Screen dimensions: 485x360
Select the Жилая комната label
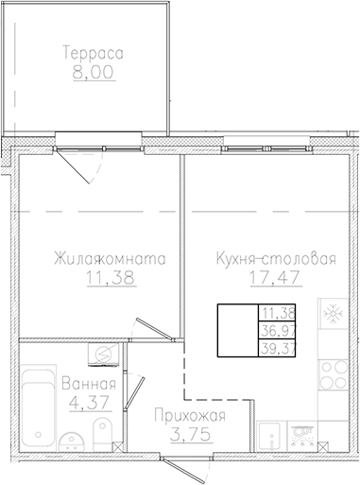[x=110, y=258]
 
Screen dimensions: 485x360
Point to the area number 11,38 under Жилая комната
[x=110, y=277]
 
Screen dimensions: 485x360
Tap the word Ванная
[x=88, y=384]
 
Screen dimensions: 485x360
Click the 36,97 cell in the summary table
[x=277, y=330]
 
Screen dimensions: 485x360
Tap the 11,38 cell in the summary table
[x=277, y=313]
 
